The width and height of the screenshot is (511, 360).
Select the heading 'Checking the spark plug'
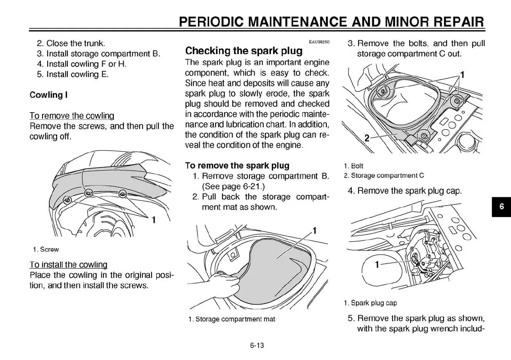pyautogui.click(x=243, y=51)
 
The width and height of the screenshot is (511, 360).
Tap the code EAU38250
pyautogui.click(x=319, y=42)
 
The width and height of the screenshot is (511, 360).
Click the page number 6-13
pyautogui.click(x=256, y=345)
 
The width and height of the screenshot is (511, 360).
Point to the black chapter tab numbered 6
pyautogui.click(x=501, y=207)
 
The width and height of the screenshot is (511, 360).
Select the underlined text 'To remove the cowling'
pyautogui.click(x=72, y=116)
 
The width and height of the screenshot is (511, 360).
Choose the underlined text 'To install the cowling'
pyautogui.click(x=68, y=265)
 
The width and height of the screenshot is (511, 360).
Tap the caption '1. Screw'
pyautogui.click(x=46, y=249)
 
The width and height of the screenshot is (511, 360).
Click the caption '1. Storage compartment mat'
pyautogui.click(x=232, y=319)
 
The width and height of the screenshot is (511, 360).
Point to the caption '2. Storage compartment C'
pyautogui.click(x=384, y=175)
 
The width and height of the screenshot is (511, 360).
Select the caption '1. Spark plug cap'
pyautogui.click(x=370, y=303)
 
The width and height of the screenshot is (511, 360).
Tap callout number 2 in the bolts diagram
pyautogui.click(x=367, y=138)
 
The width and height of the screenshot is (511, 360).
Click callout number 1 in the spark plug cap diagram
pyautogui.click(x=377, y=265)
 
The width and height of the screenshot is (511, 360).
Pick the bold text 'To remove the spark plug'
pyautogui.click(x=237, y=165)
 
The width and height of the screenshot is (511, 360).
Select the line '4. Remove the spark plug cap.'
pyautogui.click(x=405, y=190)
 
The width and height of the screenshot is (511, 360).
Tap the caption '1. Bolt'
pyautogui.click(x=353, y=166)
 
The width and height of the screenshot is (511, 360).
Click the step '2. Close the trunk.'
pyautogui.click(x=71, y=43)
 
